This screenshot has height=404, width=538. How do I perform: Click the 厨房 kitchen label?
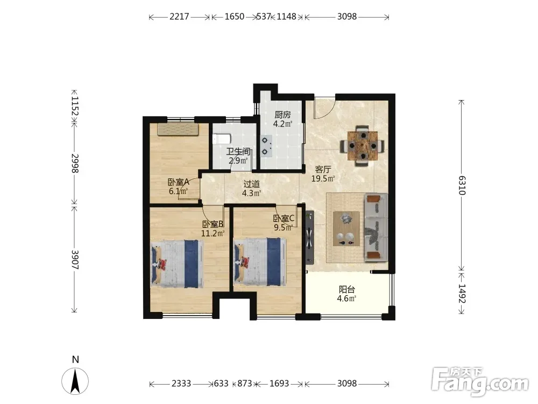pyautogui.click(x=282, y=115)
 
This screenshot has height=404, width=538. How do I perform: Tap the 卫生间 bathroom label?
pyautogui.click(x=238, y=151)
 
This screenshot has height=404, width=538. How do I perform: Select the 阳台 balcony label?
pyautogui.click(x=346, y=289)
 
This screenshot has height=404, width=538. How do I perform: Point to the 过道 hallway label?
pyautogui.click(x=251, y=184)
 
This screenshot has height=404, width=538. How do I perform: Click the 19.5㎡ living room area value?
pyautogui.click(x=323, y=179)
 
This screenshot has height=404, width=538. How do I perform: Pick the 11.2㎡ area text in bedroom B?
pyautogui.click(x=213, y=234)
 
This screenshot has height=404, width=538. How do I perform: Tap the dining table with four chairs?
pyautogui.click(x=362, y=146)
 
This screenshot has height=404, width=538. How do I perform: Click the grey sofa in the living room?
pyautogui.click(x=376, y=227)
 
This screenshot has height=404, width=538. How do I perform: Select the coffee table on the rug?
pyautogui.click(x=346, y=228)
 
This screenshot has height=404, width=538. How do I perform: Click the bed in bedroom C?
pyautogui.click(x=260, y=262)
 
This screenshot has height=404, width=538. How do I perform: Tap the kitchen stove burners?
pyautogui.click(x=266, y=146)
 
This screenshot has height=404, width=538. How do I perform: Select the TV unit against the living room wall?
pyautogui.click(x=309, y=237)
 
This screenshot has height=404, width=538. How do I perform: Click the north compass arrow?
pyautogui.click(x=75, y=381)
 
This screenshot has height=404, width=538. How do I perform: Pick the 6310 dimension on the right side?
pyautogui.click(x=462, y=185)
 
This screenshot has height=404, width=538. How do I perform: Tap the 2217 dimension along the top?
pyautogui.click(x=179, y=17)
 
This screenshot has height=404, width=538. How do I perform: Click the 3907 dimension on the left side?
pyautogui.click(x=75, y=260)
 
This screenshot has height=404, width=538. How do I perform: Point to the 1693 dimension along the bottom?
pyautogui.click(x=279, y=384)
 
